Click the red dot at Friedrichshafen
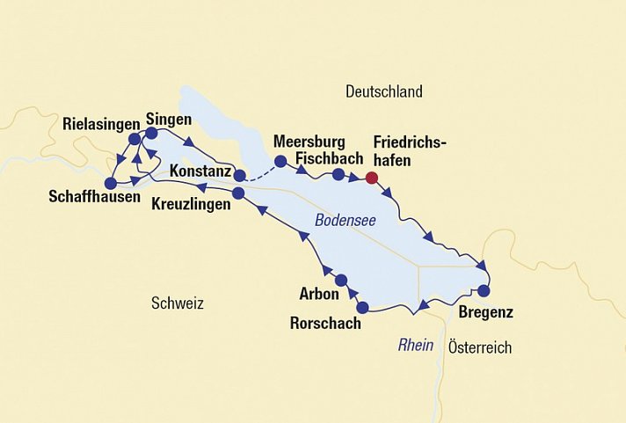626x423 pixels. coord(372,178)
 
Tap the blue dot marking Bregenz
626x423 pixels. coord(483,290)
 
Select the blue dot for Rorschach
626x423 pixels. coord(363,308)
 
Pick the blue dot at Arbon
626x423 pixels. coord(342,281)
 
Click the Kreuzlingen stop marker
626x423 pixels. coord(238,193)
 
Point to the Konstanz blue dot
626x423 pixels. coord(239,175)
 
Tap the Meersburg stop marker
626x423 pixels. coord(280,161)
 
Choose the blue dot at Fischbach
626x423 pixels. coord(338,175)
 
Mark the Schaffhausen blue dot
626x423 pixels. coord(110,184)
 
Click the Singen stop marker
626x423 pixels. coord(150,134)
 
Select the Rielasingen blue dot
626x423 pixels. coord(134,139)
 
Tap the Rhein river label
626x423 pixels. coord(416,345)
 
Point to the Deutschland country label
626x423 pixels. coord(384,91)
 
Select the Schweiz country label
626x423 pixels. coord(177,303)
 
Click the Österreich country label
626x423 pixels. coord(479,347)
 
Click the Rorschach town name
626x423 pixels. coord(325,324)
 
